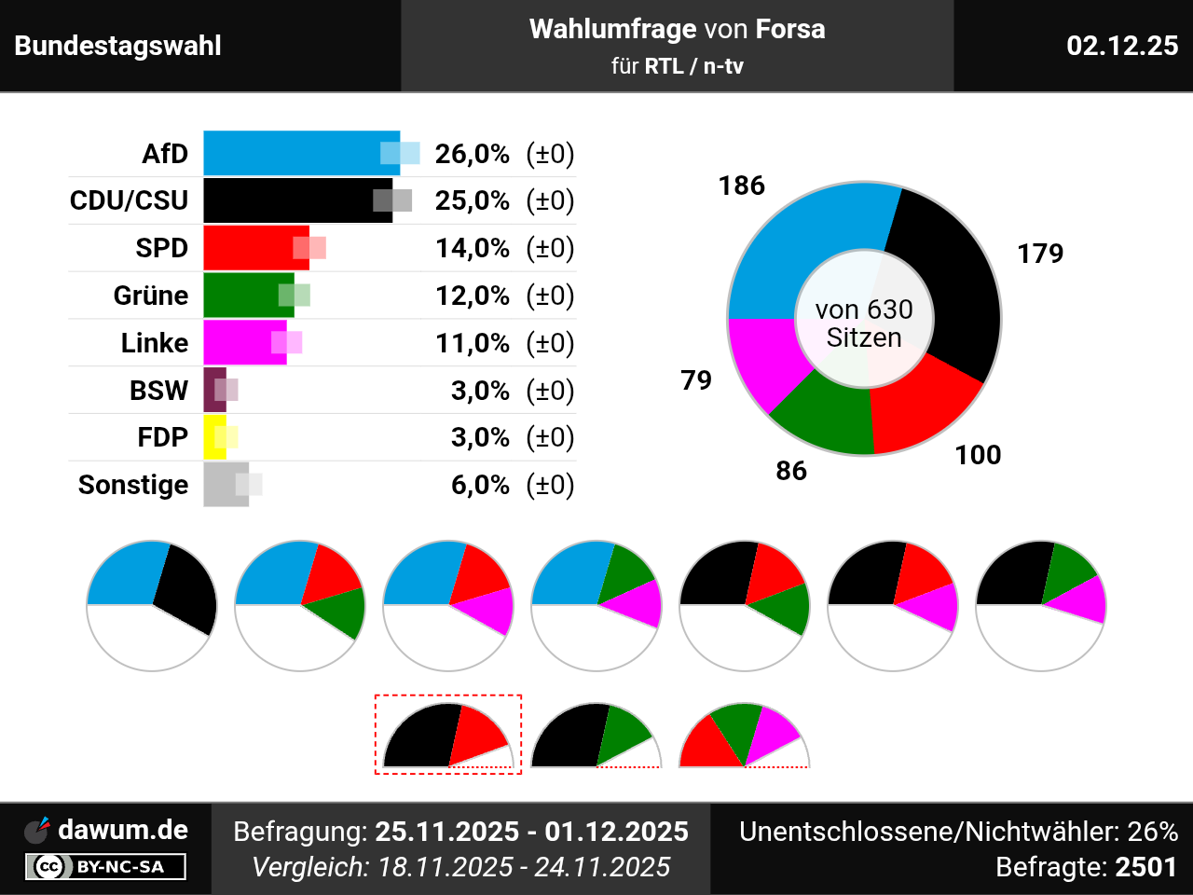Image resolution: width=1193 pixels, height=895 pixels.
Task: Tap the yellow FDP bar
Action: tap(214, 437)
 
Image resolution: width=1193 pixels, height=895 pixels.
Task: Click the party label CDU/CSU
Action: tap(129, 200)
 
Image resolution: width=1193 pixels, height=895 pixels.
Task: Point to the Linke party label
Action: tap(155, 343)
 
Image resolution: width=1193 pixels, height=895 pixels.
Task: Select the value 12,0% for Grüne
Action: tap(473, 296)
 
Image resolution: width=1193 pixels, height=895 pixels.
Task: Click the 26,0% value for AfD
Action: tap(473, 154)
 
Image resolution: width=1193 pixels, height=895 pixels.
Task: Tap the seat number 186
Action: tap(742, 186)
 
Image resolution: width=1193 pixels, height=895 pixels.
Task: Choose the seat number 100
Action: tap(978, 455)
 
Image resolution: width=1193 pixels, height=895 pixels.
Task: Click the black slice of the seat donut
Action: tap(951, 280)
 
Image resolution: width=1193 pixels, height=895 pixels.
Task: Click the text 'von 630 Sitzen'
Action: tap(864, 324)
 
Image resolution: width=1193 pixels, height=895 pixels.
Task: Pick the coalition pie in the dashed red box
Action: tap(447, 737)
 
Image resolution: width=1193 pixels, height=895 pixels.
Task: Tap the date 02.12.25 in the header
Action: tap(1122, 46)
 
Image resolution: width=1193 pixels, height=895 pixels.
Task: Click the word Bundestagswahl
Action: tap(118, 46)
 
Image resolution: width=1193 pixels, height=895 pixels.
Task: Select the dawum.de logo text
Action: tap(123, 830)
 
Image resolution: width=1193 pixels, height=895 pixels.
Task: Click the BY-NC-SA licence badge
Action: tap(105, 867)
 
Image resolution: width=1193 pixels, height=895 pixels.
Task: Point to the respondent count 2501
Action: tap(1146, 867)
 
